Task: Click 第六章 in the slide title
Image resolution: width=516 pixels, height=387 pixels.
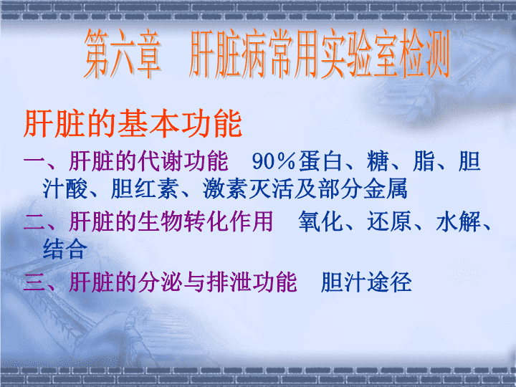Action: pyautogui.click(x=123, y=54)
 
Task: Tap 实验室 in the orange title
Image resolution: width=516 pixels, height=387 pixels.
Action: pyautogui.click(x=360, y=54)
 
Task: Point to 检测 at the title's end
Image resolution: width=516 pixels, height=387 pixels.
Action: pyautogui.click(x=425, y=54)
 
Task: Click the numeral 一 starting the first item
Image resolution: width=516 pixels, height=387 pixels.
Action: pyautogui.click(x=34, y=161)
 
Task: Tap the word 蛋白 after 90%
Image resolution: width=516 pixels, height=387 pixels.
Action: pyautogui.click(x=320, y=161)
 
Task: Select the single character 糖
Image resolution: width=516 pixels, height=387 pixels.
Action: pyautogui.click(x=378, y=161)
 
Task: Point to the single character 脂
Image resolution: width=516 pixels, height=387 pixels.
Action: pyautogui.click(x=424, y=161)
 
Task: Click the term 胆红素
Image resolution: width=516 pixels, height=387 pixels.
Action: pyautogui.click(x=145, y=189)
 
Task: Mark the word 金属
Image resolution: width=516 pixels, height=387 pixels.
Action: pyautogui.click(x=386, y=189)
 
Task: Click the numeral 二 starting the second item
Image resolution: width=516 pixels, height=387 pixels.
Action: pyautogui.click(x=34, y=221)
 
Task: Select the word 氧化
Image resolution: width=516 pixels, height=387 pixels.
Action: pyautogui.click(x=320, y=221)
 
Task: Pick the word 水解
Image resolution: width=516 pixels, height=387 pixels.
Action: pyautogui.click(x=458, y=221)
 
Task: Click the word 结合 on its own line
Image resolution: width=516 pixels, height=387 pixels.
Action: pyautogui.click(x=65, y=249)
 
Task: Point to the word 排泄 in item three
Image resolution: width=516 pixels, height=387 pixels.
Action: pyautogui.click(x=229, y=282)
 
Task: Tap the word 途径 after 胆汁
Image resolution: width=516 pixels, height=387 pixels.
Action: pyautogui.click(x=389, y=282)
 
